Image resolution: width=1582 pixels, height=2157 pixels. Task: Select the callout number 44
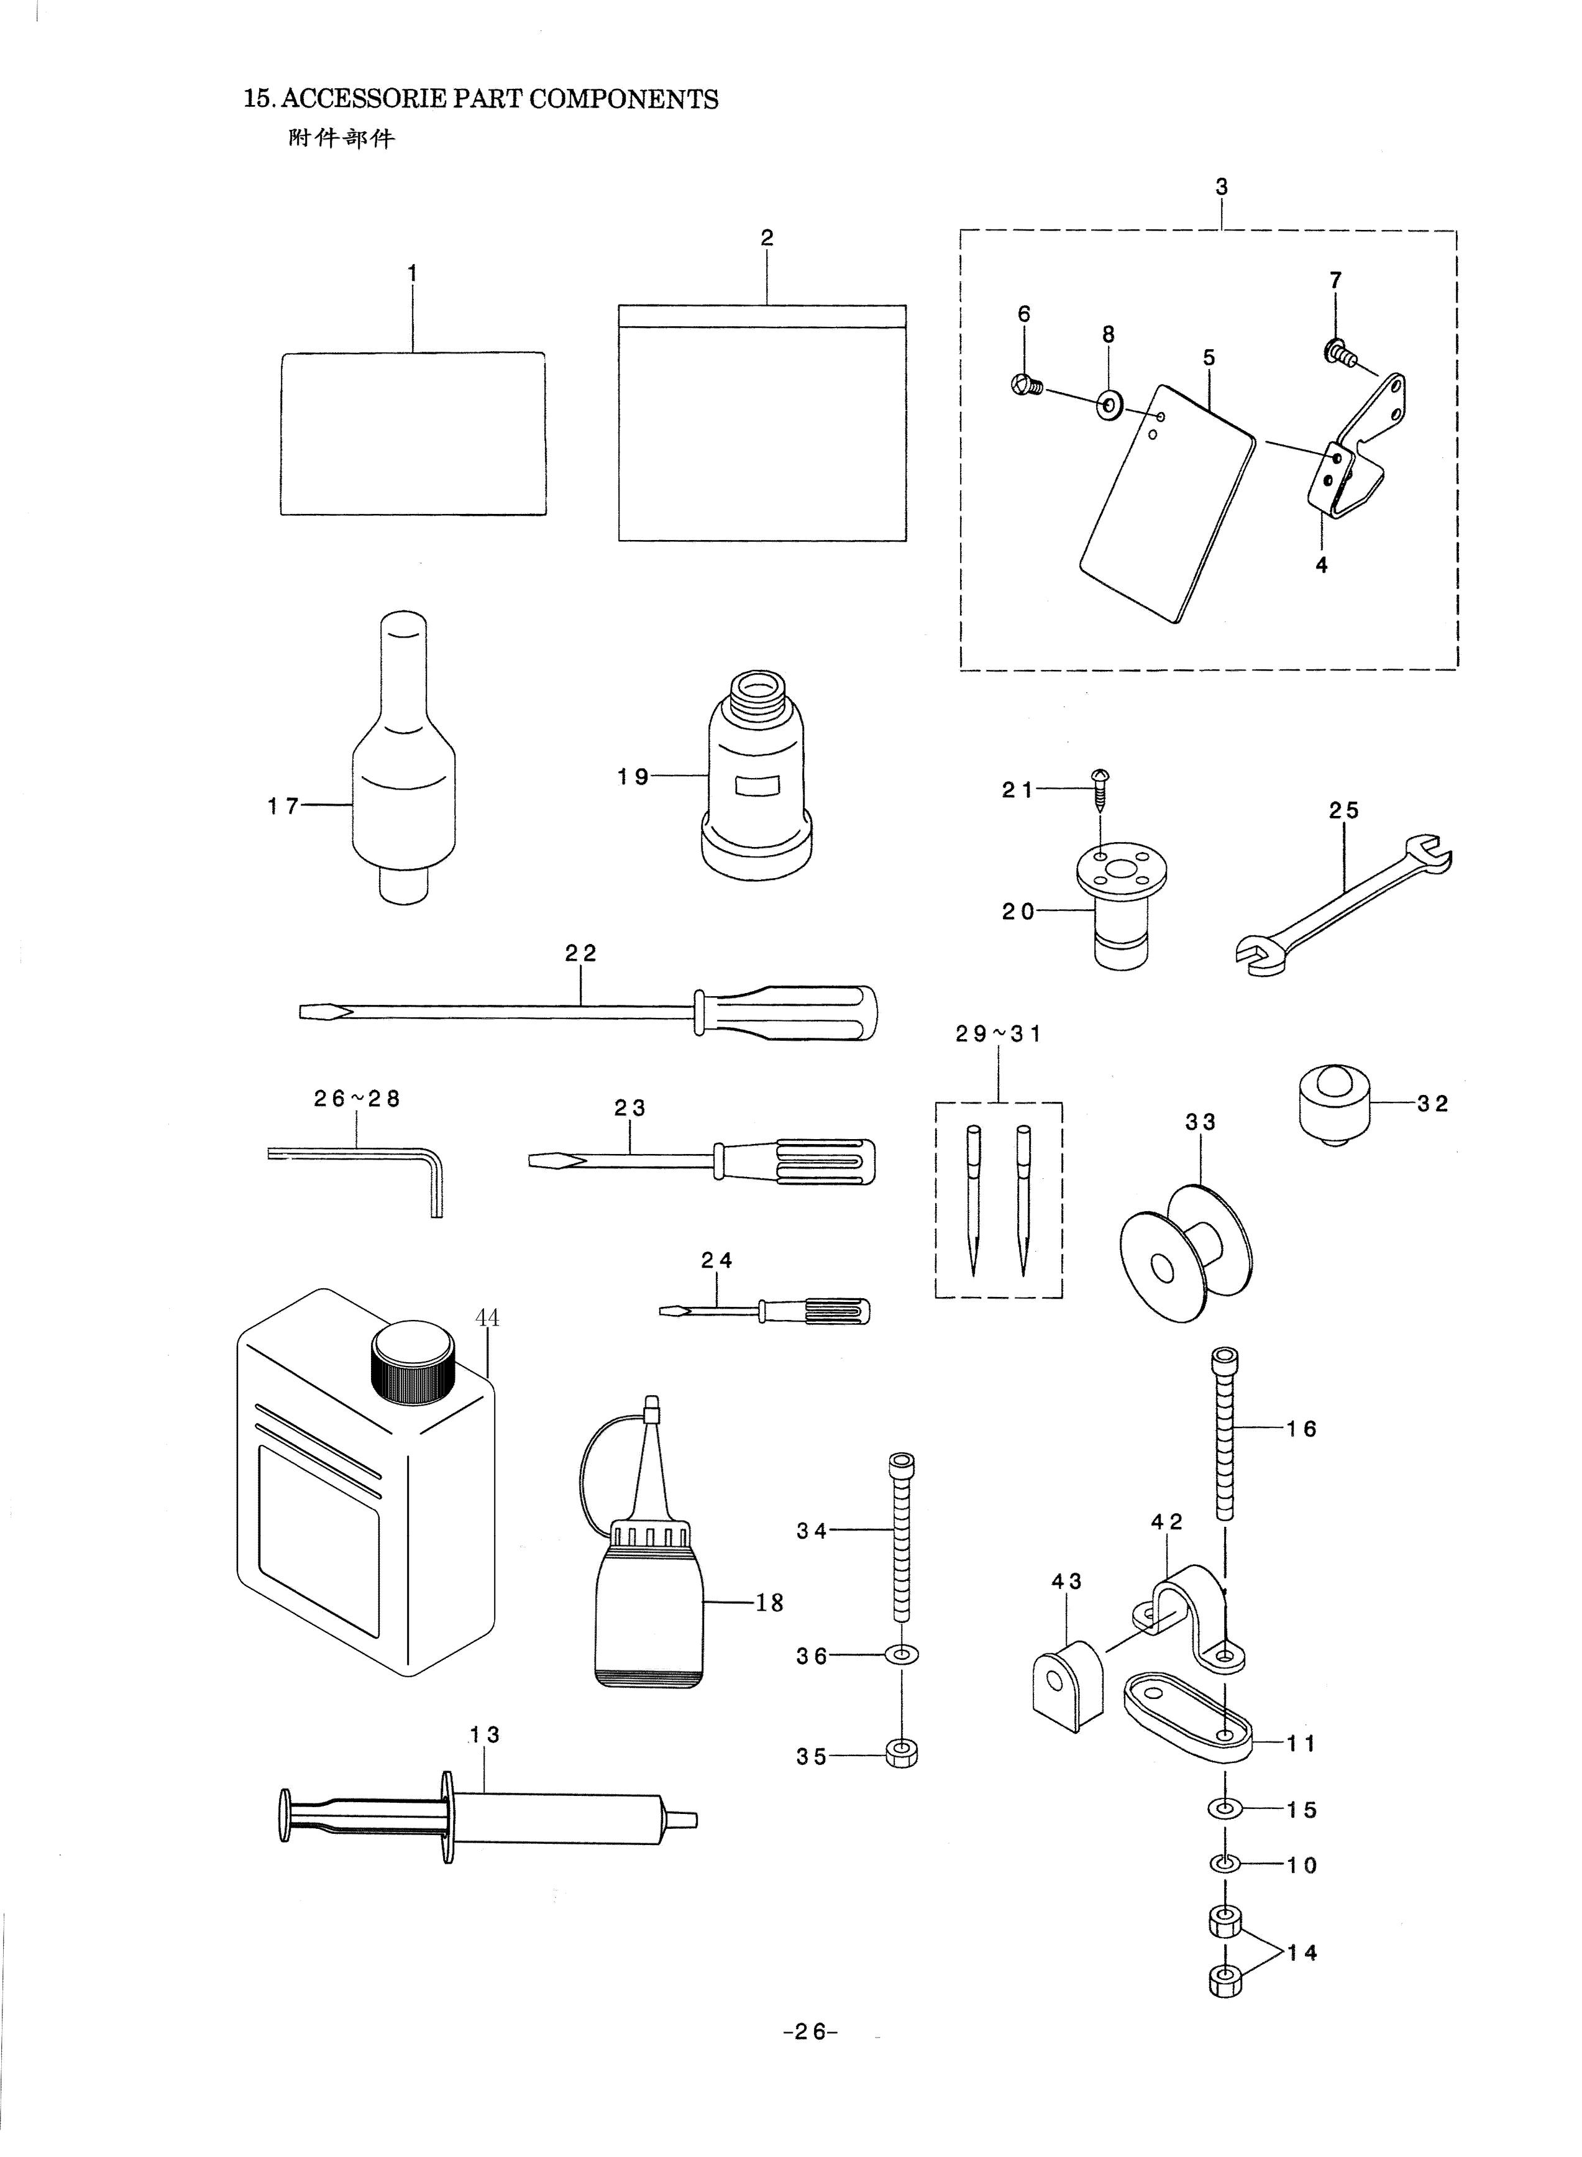[x=487, y=1318]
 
